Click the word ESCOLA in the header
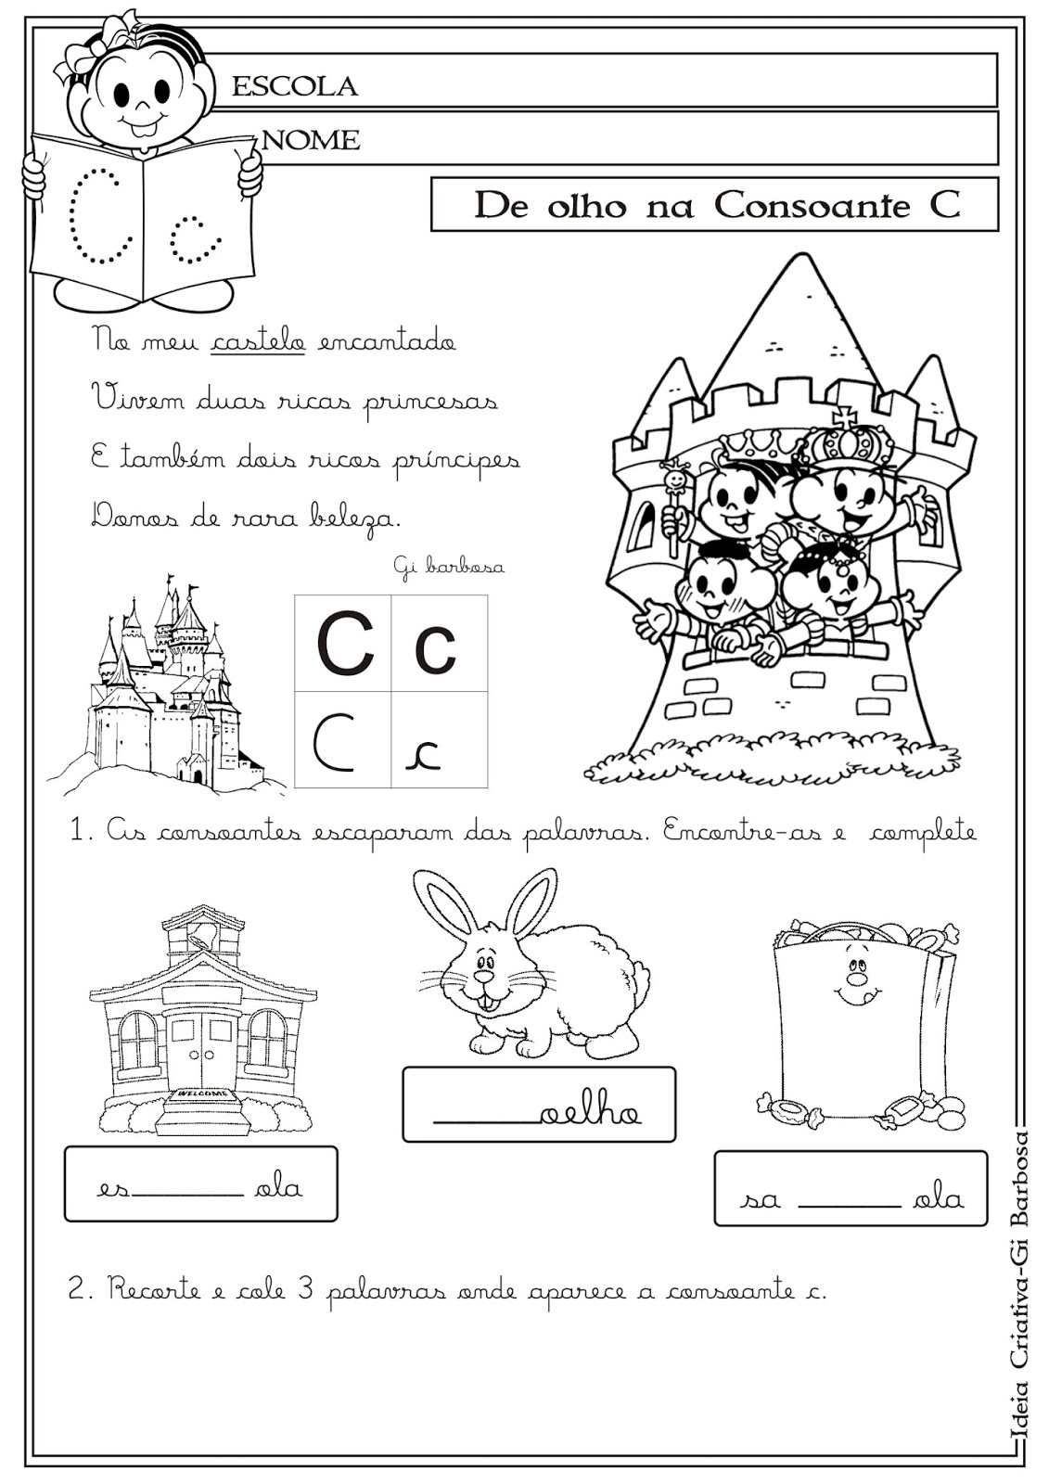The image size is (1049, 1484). coord(294,86)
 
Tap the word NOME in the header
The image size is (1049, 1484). coord(312,140)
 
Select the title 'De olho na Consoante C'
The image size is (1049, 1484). coord(715,205)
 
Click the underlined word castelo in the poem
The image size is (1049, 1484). coord(259,341)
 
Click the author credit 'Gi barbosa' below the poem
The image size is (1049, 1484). coord(449,565)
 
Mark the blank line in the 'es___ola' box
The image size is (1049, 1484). coord(187,1195)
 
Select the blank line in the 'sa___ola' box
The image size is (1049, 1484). coord(849,1205)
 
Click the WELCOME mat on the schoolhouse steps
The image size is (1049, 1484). coord(203,1095)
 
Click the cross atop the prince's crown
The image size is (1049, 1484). coord(844,416)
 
